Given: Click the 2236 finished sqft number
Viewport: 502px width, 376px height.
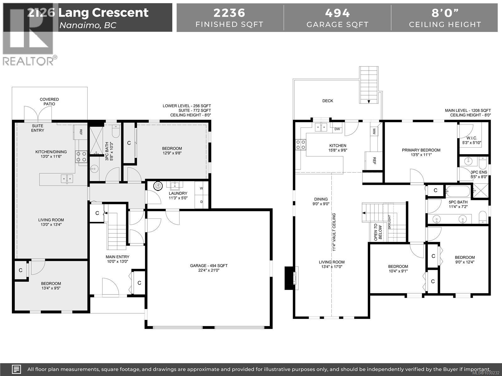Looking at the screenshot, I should tap(229, 13).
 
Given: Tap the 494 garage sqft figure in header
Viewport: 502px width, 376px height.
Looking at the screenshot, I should tap(337, 13).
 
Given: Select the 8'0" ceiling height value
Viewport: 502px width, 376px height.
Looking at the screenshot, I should tap(445, 13).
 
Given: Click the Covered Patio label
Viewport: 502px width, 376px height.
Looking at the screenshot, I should tap(49, 102).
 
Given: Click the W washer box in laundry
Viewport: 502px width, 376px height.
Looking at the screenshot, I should tap(201, 188).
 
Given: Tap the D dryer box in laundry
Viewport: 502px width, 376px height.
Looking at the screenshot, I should tap(201, 202).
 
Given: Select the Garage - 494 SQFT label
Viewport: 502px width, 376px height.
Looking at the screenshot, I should tap(209, 268).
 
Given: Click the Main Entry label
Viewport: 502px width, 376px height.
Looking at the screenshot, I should tap(117, 259).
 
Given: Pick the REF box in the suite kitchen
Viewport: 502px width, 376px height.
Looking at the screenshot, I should tap(81, 132).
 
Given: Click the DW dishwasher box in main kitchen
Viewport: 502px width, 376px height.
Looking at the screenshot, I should tap(337, 129).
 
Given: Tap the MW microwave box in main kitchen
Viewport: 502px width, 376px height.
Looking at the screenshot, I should tap(374, 132).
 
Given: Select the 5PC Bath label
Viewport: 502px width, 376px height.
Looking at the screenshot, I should tap(458, 204).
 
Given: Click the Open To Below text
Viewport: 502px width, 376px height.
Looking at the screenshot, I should tap(378, 232).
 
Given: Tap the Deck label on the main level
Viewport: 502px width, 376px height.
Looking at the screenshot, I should tap(328, 101).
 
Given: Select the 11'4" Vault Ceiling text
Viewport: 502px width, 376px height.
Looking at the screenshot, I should tap(334, 232).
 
